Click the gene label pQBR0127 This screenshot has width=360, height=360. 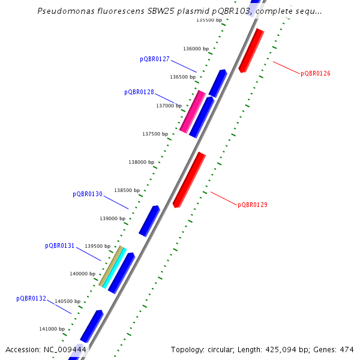click(x=155, y=59)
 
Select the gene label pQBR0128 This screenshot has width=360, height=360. click(x=139, y=92)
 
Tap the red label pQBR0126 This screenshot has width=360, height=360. click(x=316, y=73)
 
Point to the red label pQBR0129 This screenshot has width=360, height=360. click(x=253, y=205)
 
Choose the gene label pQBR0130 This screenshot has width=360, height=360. click(x=88, y=194)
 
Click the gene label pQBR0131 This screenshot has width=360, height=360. click(x=60, y=246)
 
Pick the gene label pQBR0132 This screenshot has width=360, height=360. click(x=31, y=298)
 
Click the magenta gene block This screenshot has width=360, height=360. click(x=193, y=112)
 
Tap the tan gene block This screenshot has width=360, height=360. click(x=110, y=266)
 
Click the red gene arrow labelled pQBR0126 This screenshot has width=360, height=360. click(x=251, y=50)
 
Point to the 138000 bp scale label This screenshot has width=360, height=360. click(x=141, y=162)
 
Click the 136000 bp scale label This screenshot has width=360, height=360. click(x=196, y=49)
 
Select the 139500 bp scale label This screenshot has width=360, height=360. click(x=98, y=246)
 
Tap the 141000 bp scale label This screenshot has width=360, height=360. click(x=52, y=329)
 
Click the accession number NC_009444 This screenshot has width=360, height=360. click(x=65, y=349)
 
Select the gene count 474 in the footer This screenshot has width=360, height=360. click(x=347, y=349)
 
